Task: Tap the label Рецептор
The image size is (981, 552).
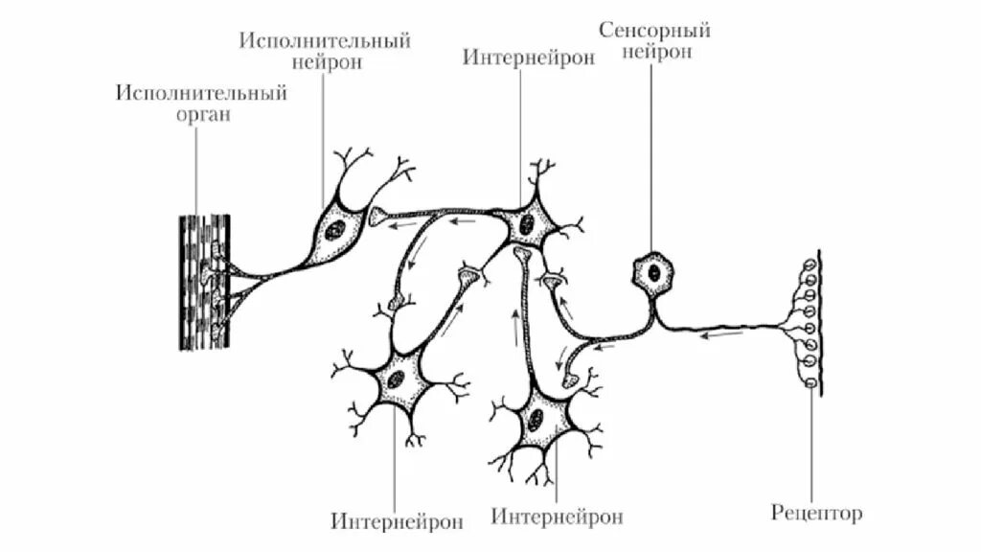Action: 816,513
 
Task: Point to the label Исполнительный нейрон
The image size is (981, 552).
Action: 325,52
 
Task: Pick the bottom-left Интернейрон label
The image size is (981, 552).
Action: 398,521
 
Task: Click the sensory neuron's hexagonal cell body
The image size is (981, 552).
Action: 653,272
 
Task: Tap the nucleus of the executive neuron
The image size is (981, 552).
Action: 335,230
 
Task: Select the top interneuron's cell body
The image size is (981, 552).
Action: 525,226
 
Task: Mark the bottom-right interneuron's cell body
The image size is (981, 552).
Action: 536,419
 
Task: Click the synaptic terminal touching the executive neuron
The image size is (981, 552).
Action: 379,217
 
